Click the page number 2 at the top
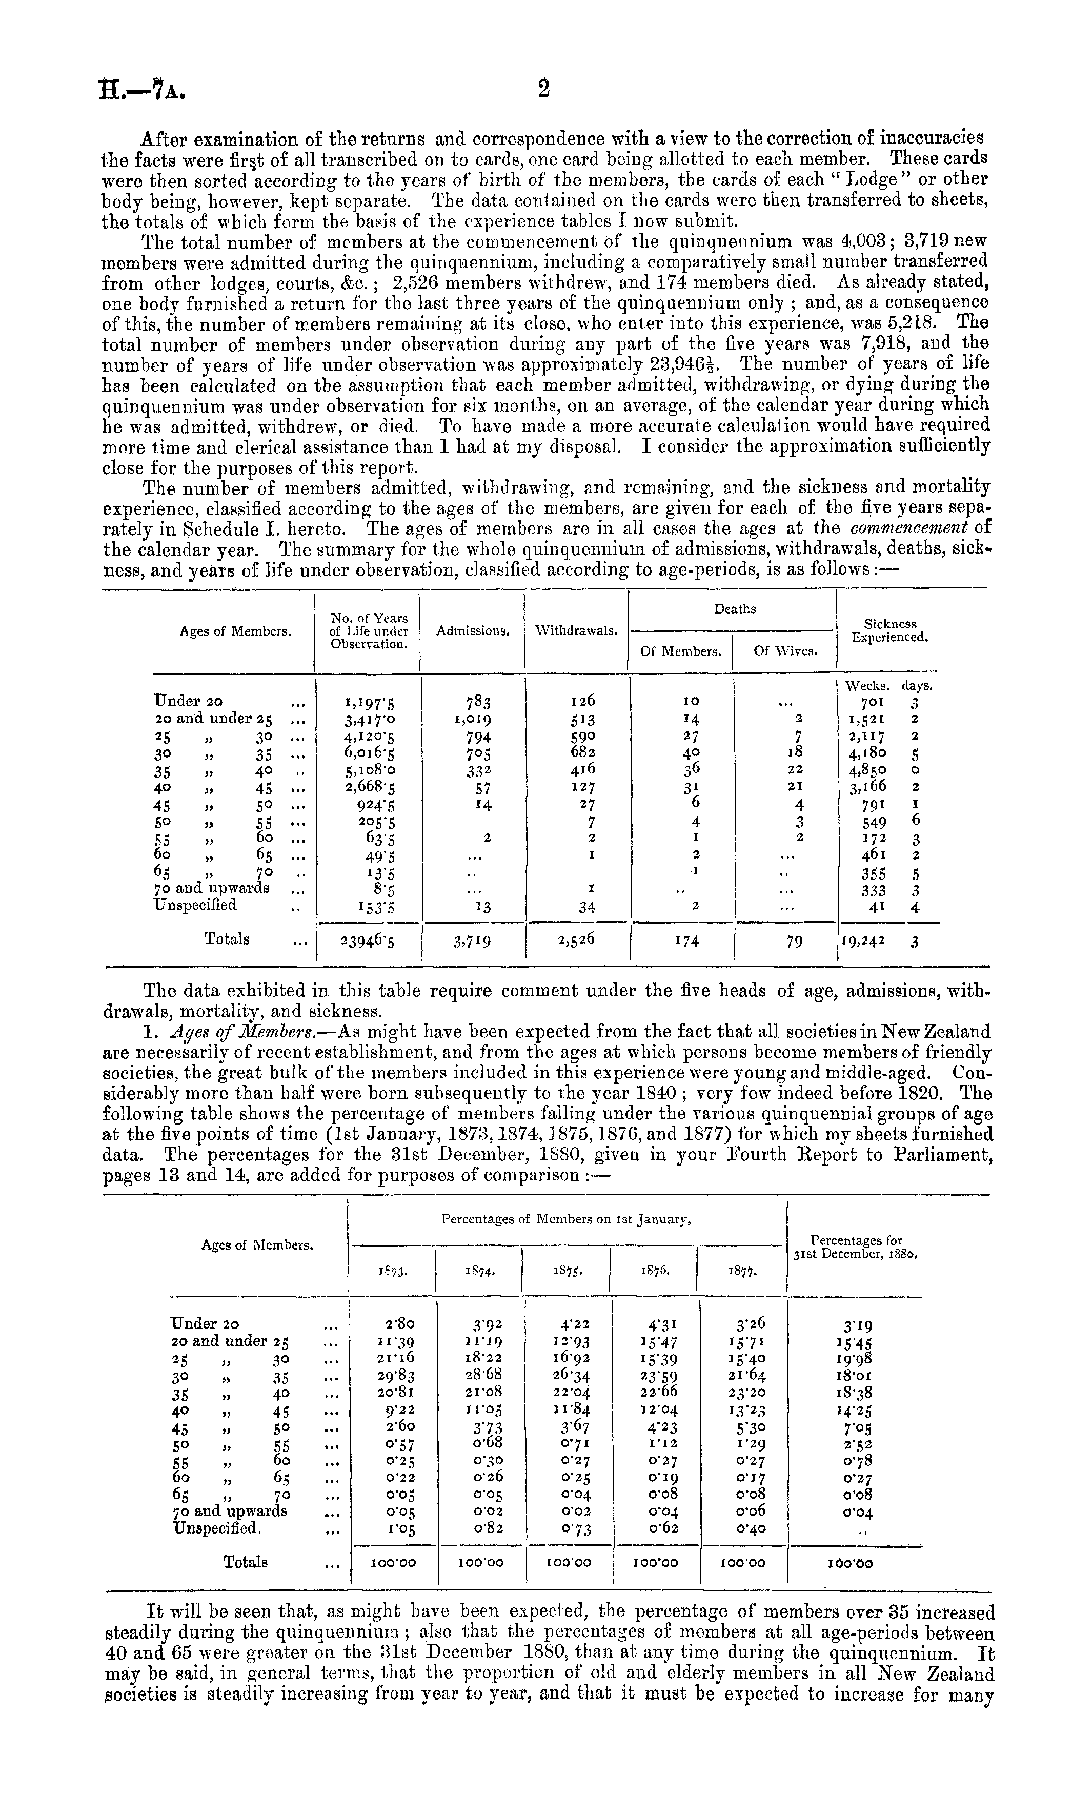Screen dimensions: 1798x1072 (x=543, y=88)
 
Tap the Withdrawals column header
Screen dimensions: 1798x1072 (x=576, y=630)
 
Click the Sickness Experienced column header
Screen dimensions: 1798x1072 (x=890, y=630)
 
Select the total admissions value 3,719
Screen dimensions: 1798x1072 (x=474, y=940)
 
